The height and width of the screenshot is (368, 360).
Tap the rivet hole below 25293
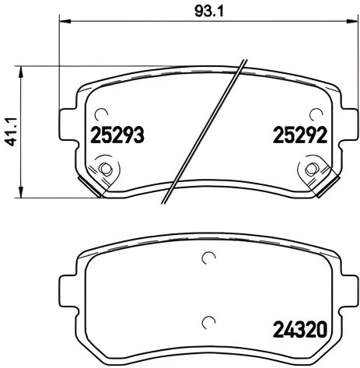(105, 167)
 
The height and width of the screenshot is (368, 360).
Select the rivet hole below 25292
(312, 167)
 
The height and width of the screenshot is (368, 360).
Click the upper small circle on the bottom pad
(208, 259)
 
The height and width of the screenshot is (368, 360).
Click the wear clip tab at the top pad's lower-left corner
(94, 188)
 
